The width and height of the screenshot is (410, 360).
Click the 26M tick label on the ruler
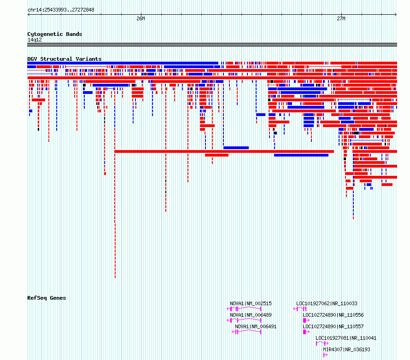tap(141, 18)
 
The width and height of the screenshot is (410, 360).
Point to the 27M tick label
tap(341, 18)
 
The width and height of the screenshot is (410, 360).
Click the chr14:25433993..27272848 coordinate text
tap(61, 10)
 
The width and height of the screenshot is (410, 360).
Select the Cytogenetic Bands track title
tap(55, 34)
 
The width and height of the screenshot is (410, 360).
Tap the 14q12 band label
tap(35, 40)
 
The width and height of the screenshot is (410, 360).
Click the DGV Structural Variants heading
tap(64, 59)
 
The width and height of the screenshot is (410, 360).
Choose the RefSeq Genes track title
tap(47, 298)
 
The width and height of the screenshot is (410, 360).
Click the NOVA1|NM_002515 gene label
tap(251, 303)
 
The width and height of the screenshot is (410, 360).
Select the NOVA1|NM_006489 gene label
tap(251, 315)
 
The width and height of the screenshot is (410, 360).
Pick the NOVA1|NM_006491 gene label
tap(256, 326)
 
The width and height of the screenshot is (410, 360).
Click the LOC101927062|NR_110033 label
tap(327, 303)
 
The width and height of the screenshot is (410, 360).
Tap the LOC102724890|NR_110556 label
tap(333, 315)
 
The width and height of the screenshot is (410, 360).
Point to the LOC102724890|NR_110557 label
tap(333, 326)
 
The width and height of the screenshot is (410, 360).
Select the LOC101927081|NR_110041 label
tap(346, 338)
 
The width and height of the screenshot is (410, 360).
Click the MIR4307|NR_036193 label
tap(346, 349)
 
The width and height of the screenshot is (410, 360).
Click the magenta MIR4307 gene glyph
tap(325, 355)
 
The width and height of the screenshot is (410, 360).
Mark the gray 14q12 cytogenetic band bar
tap(212, 45)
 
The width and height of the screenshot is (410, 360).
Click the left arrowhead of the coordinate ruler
tap(28, 14)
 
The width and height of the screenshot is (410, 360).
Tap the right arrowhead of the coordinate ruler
tap(396, 14)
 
